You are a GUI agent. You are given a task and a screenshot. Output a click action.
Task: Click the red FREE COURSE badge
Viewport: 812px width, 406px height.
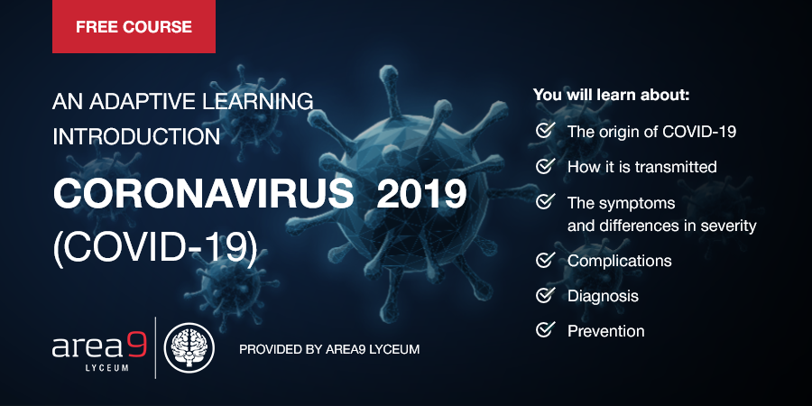click(134, 27)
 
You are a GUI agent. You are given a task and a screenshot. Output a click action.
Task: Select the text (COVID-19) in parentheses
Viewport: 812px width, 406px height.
click(154, 245)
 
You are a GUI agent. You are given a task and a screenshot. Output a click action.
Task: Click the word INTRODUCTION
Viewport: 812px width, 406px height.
click(136, 136)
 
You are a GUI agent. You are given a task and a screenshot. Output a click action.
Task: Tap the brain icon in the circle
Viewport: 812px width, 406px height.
click(195, 346)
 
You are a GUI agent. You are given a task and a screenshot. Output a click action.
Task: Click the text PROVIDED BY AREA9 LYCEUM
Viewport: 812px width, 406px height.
click(329, 348)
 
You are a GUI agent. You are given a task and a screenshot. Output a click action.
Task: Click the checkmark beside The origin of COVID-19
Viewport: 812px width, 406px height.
click(545, 131)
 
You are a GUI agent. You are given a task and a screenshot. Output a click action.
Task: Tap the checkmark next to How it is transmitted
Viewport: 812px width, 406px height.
click(545, 166)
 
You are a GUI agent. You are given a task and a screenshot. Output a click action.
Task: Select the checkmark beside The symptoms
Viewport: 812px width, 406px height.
click(545, 201)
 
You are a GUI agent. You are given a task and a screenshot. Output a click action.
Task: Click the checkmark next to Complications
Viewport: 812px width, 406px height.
click(545, 261)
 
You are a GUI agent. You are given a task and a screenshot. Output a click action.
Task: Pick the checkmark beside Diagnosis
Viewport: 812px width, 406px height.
click(545, 295)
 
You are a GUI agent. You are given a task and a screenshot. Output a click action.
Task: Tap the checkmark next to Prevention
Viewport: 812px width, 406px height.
click(545, 330)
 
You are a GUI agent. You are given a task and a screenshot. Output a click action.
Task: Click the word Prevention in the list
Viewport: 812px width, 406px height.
click(605, 331)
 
